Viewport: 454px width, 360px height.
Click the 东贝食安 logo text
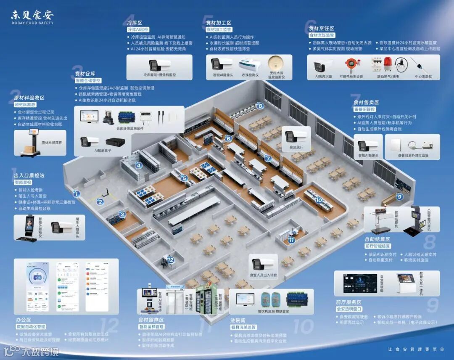point(32,16)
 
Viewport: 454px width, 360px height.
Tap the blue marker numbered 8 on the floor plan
point(260,106)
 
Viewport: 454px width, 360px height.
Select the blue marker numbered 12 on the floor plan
point(170,260)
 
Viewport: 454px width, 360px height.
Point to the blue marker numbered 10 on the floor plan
point(319,200)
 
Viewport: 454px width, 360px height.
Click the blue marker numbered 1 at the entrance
point(76,194)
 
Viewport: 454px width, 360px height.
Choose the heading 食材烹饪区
point(322,28)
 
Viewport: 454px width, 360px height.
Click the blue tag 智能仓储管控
point(88,80)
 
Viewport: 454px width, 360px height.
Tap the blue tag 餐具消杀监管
point(243,327)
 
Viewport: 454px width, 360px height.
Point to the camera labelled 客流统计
point(290,136)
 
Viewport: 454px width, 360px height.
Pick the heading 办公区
point(24,320)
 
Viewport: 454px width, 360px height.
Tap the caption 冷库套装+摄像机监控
point(158,75)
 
